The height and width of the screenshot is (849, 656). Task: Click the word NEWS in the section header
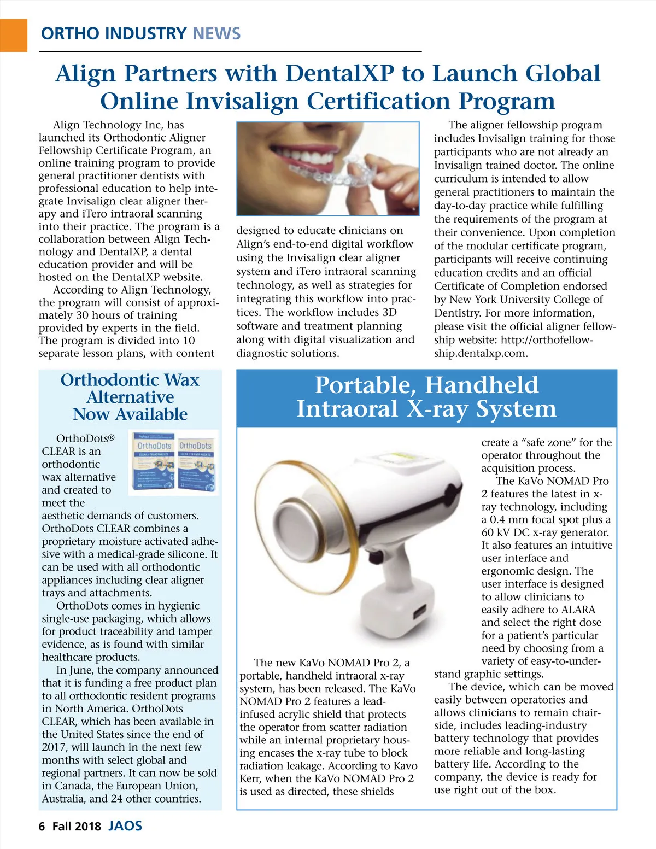point(216,34)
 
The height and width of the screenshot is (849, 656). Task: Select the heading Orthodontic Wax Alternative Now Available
point(130,397)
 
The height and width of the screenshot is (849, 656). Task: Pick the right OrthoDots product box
point(196,464)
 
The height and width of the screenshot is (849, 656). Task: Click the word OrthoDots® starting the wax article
point(85,438)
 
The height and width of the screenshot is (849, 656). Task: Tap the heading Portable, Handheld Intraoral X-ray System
point(426,397)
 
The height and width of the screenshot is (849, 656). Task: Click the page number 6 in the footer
point(42,827)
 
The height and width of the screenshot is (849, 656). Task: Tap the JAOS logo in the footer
point(125,826)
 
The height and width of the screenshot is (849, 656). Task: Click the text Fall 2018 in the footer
point(77,827)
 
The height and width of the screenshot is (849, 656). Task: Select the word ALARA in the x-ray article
point(578,610)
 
